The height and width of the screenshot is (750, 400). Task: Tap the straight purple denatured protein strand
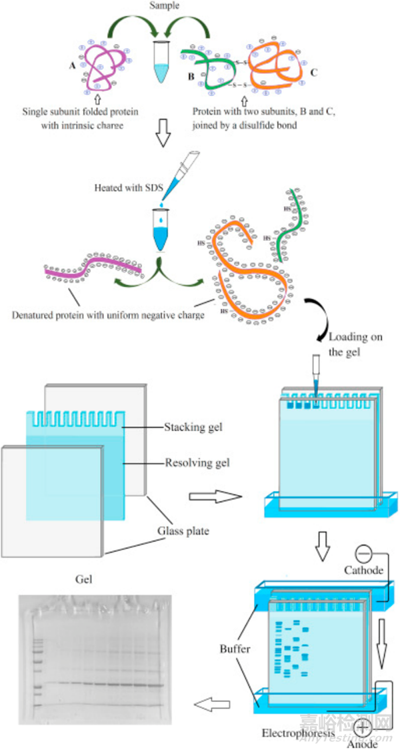pyautogui.click(x=93, y=269)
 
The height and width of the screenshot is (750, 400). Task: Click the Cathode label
pyautogui.click(x=363, y=571)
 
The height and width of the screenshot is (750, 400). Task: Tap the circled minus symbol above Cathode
pyautogui.click(x=363, y=553)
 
